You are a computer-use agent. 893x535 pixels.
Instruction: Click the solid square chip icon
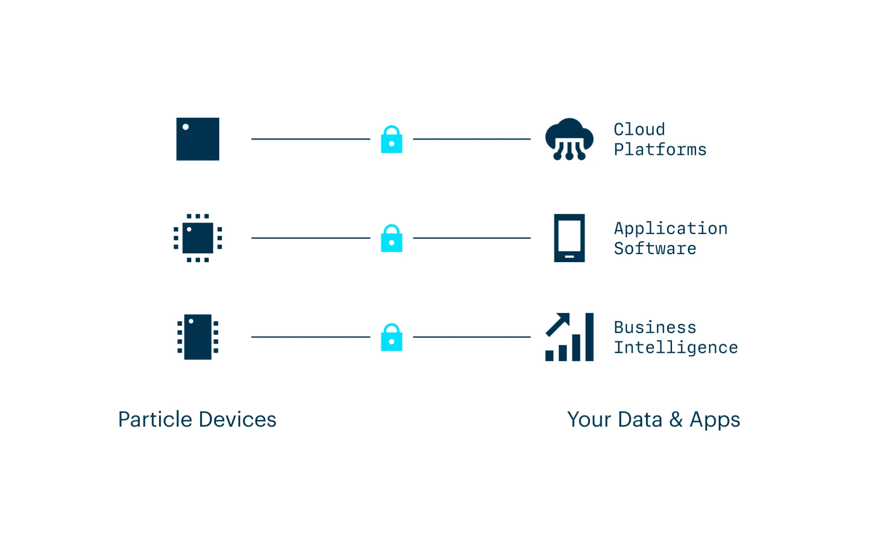[197, 139]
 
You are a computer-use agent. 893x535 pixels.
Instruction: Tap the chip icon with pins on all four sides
[197, 238]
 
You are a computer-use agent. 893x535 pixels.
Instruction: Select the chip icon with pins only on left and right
[197, 337]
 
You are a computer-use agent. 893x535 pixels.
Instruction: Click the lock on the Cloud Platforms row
[391, 140]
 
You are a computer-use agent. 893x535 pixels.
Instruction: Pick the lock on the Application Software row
[391, 239]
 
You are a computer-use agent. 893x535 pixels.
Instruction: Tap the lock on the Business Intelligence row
[391, 338]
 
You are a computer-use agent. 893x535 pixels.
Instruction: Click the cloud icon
[569, 138]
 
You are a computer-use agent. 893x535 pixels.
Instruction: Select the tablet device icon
[569, 238]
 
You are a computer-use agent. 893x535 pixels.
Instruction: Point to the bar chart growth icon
[569, 337]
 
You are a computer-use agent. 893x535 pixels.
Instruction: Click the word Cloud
[639, 130]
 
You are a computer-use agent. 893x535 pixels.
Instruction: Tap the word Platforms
[660, 150]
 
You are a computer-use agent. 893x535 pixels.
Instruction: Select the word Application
[671, 229]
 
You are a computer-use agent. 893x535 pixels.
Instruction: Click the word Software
[655, 249]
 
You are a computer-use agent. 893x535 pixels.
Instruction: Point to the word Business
[655, 327]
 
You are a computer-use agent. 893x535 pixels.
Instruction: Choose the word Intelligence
[676, 347]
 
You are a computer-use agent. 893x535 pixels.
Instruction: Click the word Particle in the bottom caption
[155, 420]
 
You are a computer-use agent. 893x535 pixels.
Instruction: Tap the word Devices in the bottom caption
[237, 420]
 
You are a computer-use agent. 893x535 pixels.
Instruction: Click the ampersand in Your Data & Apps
[676, 420]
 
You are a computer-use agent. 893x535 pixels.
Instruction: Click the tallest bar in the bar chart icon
[589, 337]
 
